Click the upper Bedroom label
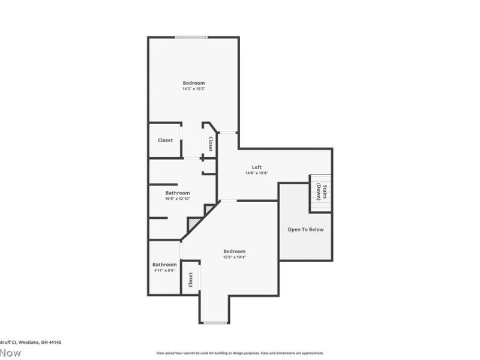point(194,83)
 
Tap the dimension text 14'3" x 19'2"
point(194,89)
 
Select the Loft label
point(256,167)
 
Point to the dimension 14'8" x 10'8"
point(256,173)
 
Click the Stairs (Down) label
point(320,191)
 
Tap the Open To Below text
point(305,229)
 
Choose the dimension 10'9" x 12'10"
point(178,199)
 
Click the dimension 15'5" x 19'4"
point(234,257)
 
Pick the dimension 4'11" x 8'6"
point(164,270)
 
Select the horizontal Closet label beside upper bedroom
point(165,140)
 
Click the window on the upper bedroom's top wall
point(191,38)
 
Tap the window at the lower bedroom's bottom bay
point(214,323)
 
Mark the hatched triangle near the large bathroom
point(194,224)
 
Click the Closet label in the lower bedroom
point(191,279)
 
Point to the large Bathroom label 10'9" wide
point(178,193)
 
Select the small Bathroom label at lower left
point(164,265)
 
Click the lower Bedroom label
point(234,251)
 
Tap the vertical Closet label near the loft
point(211,144)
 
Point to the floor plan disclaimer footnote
point(240,353)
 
